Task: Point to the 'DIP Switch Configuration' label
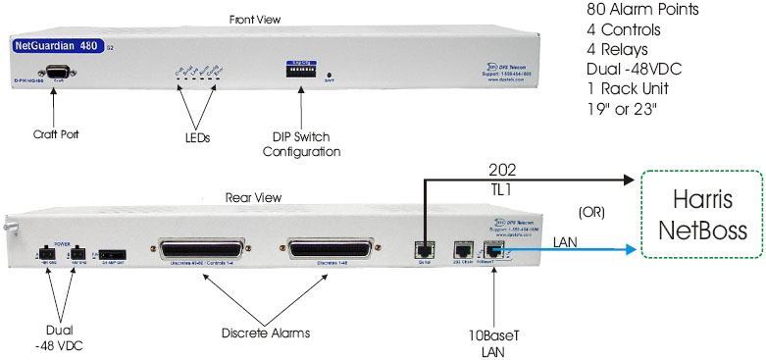coord(307,144)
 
